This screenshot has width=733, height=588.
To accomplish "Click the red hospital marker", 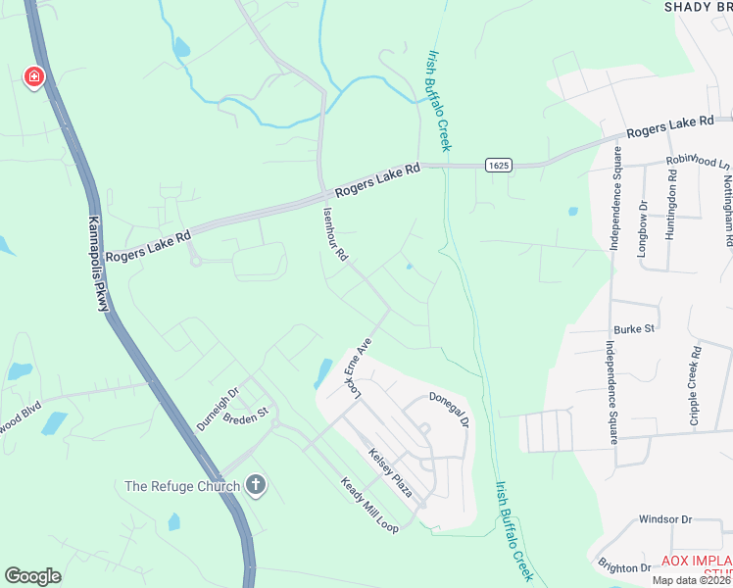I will (x=33, y=76).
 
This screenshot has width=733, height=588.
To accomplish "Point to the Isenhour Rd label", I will (x=335, y=232).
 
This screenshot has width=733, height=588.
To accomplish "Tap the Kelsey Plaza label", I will (x=390, y=472).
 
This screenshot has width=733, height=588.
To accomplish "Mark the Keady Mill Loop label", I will (x=369, y=505).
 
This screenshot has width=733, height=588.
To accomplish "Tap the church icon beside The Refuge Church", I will (x=256, y=485).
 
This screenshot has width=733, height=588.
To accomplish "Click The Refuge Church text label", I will (x=182, y=486).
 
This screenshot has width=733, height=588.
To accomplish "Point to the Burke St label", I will (x=634, y=330).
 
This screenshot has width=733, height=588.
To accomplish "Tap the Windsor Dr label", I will (x=665, y=519).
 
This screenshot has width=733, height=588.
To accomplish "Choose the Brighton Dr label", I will (x=624, y=567).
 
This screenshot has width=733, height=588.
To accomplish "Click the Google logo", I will (x=33, y=576).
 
